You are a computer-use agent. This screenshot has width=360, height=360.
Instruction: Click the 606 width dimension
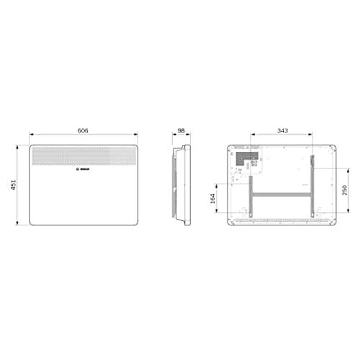(x=83, y=130)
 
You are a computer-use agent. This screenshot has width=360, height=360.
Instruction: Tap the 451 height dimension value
(x=12, y=185)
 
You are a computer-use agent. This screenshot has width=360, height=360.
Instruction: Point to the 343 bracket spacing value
(x=282, y=130)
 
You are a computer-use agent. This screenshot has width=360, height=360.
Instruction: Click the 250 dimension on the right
(x=346, y=189)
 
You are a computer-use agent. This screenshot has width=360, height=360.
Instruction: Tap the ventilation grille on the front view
(x=84, y=156)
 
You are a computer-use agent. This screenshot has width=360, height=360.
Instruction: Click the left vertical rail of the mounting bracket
(x=251, y=189)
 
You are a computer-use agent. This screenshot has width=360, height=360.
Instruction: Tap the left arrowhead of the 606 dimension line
(x=31, y=135)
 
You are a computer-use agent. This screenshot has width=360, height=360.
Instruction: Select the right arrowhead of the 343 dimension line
(x=312, y=135)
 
